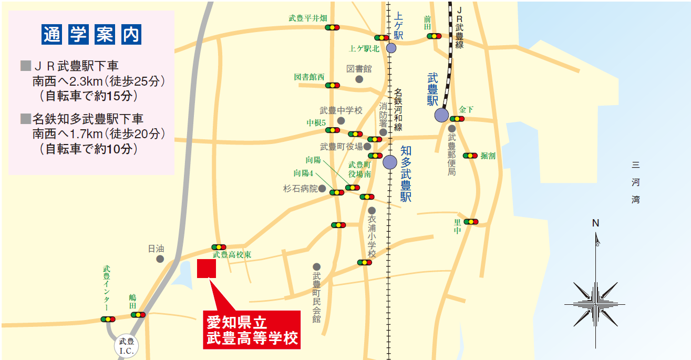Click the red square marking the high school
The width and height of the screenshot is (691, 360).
pyautogui.click(x=207, y=269)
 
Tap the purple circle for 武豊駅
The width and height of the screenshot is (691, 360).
pyautogui.click(x=441, y=115)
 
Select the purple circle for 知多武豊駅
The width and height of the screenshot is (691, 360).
pyautogui.click(x=390, y=162)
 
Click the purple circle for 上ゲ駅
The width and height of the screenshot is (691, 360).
pyautogui.click(x=391, y=48)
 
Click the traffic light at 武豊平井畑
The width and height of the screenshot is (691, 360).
pyautogui.click(x=332, y=27)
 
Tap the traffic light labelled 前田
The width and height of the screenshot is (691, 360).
pyautogui.click(x=434, y=36)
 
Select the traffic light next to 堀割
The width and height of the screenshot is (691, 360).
pyautogui.click(x=470, y=156)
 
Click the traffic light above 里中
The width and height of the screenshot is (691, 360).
pyautogui.click(x=471, y=222)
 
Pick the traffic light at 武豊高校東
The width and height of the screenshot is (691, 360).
pyautogui.click(x=219, y=247)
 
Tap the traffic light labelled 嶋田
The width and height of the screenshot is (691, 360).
pyautogui.click(x=138, y=315)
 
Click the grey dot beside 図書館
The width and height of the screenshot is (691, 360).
pyautogui.click(x=359, y=79)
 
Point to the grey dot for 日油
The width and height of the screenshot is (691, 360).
pyautogui.click(x=160, y=259)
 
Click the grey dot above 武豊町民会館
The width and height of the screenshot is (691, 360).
pyautogui.click(x=316, y=266)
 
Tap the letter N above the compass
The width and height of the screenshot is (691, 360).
pyautogui.click(x=595, y=223)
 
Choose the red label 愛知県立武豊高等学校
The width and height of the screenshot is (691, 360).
pyautogui.click(x=251, y=330)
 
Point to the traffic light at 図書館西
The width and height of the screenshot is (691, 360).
pyautogui.click(x=332, y=85)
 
